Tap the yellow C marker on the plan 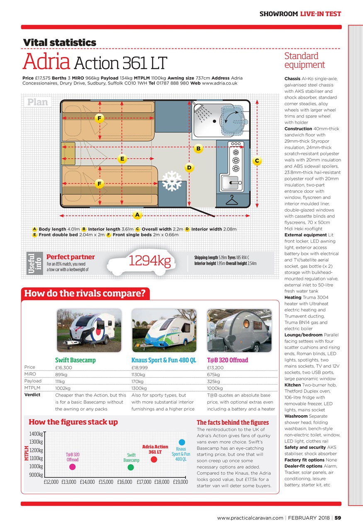[257, 161]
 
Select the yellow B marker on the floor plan [198, 148]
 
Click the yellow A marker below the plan [136, 215]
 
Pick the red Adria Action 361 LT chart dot [154, 459]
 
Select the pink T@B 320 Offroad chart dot [72, 467]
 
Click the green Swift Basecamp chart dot [131, 467]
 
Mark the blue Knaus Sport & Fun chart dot [181, 442]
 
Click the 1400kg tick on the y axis [37, 434]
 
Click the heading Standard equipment [304, 61]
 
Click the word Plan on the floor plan [38, 102]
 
